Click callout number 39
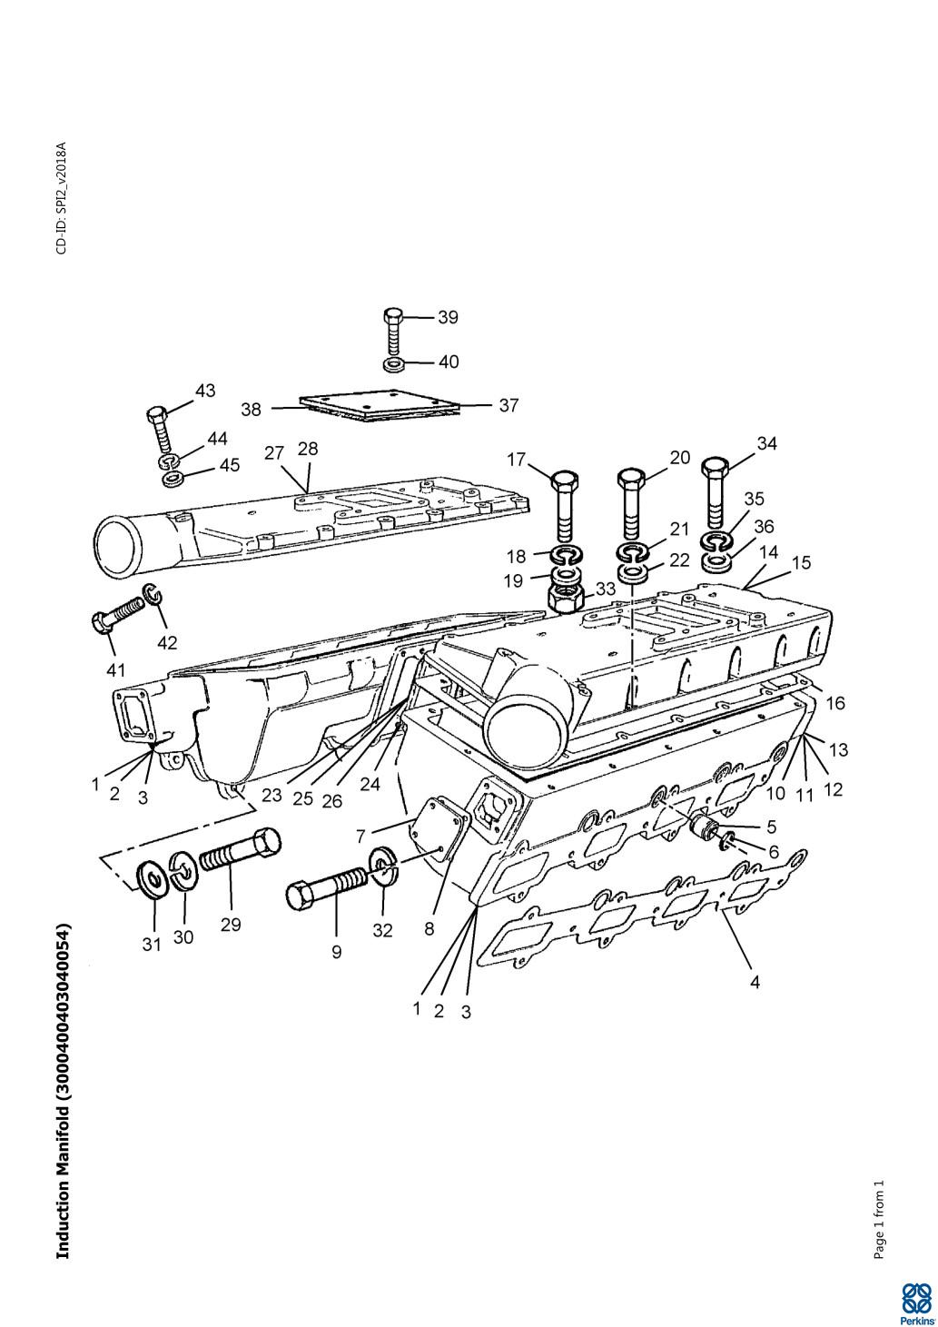(448, 318)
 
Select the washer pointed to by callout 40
(393, 363)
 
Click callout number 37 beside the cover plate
(508, 406)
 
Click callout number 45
(229, 465)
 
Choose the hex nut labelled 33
(565, 599)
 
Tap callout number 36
(764, 526)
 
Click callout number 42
(168, 643)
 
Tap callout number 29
(231, 924)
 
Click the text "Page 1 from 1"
(879, 1219)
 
